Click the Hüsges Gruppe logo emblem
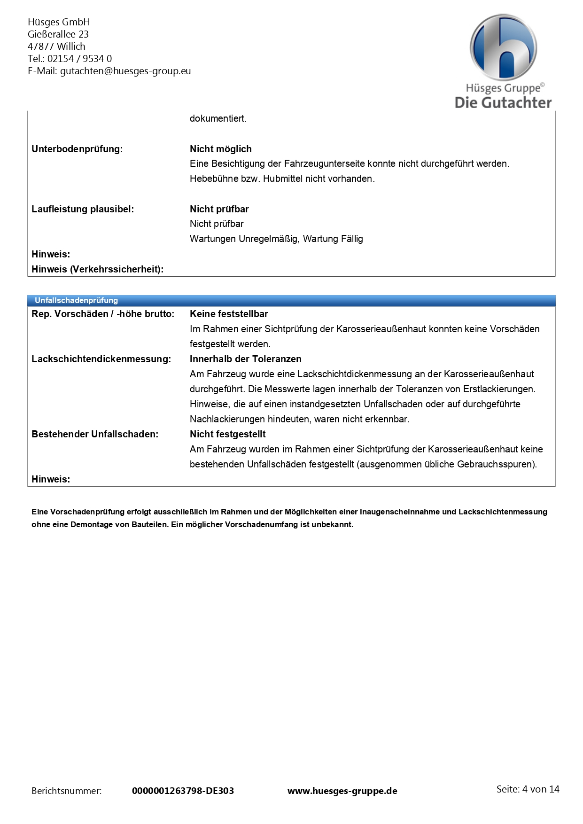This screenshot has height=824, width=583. coord(503,48)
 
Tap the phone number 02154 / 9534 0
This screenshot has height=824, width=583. coord(79,59)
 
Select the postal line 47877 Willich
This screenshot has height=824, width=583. coord(56,47)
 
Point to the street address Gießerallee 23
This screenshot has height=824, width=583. coord(58,34)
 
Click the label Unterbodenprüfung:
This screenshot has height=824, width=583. coord(77,149)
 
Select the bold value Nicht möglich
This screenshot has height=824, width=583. coord(221,149)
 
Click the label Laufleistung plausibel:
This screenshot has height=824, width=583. coord(83,209)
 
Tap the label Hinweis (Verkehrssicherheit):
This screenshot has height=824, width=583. coord(97,269)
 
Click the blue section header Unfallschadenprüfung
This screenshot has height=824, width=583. coord(76,300)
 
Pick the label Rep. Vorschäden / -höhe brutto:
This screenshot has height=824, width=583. coord(103,314)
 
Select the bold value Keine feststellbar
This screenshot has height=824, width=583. coord(229,314)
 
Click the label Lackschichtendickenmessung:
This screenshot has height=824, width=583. coord(101,359)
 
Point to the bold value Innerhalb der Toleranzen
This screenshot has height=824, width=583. coord(246,359)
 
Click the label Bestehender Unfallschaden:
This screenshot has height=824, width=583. coord(95,434)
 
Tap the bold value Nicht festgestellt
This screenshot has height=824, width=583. coord(228,434)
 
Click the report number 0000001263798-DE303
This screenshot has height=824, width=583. coord(183,791)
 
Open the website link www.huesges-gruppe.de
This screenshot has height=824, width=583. coord(342,791)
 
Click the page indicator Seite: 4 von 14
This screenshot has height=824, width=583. coord(528,789)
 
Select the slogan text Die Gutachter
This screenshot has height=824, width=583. coord(503,102)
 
